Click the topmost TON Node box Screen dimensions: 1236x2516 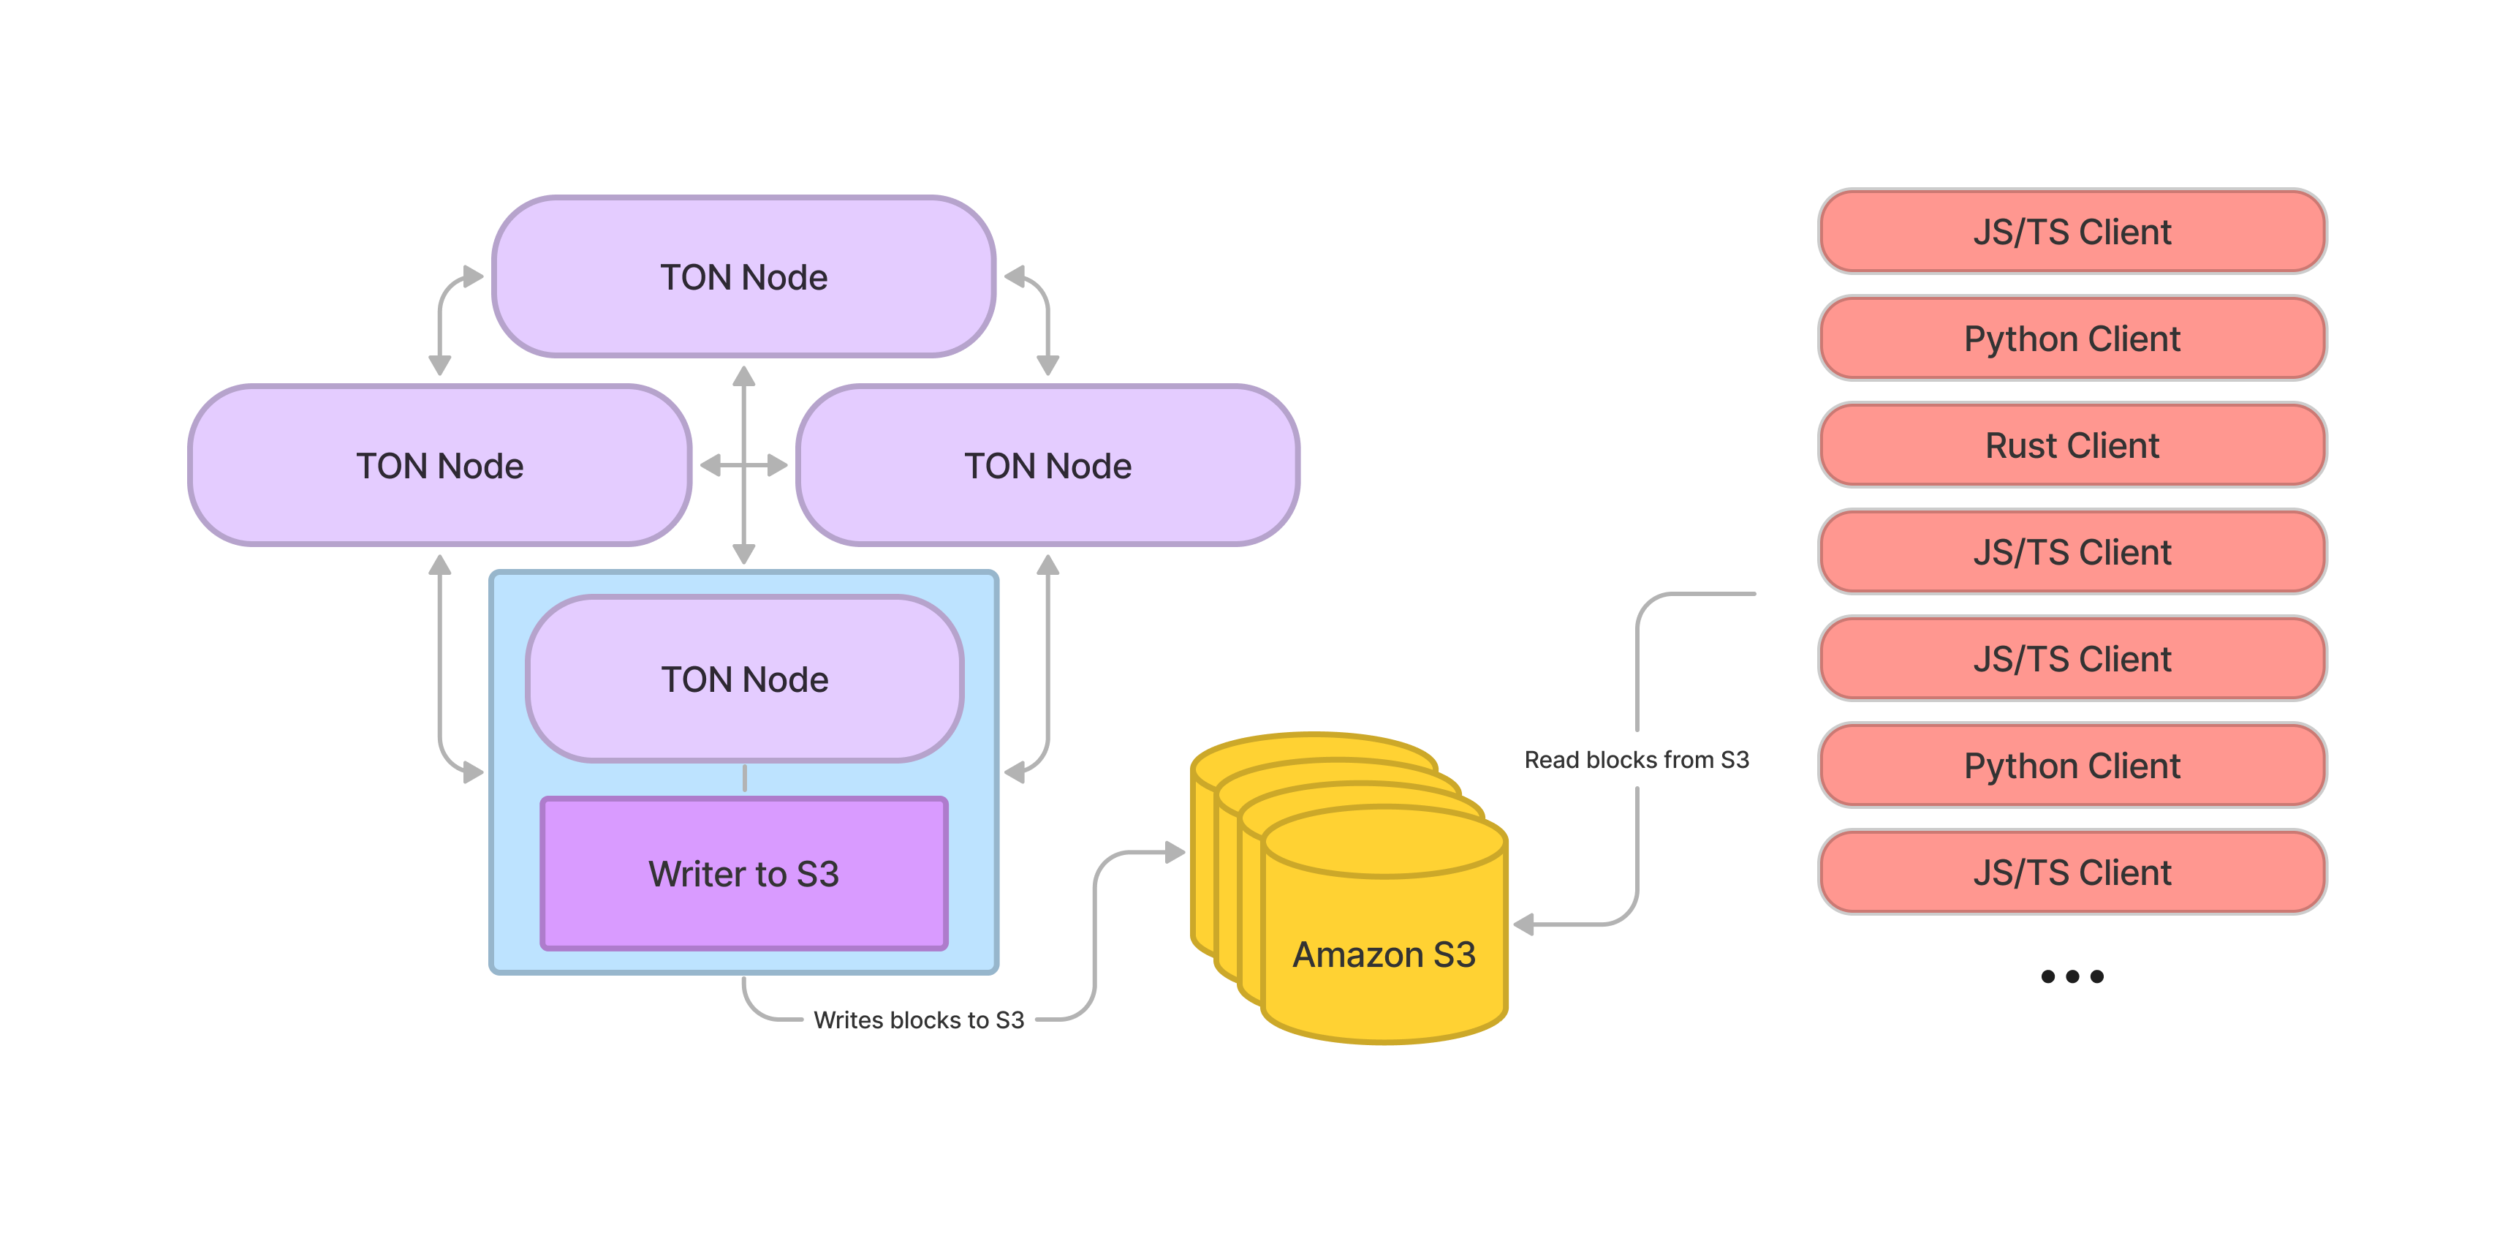pyautogui.click(x=743, y=276)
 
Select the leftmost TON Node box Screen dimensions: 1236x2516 pyautogui.click(x=439, y=465)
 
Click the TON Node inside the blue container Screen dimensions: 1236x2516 pyautogui.click(x=744, y=678)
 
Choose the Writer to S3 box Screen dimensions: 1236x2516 pyautogui.click(x=743, y=873)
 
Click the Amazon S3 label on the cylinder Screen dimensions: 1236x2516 pyautogui.click(x=1383, y=954)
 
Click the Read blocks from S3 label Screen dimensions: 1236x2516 pyautogui.click(x=1636, y=759)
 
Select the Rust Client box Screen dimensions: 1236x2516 pyautogui.click(x=2072, y=445)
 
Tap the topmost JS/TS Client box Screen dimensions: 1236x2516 pyautogui.click(x=2072, y=232)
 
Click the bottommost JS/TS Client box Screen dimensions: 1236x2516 pyautogui.click(x=2072, y=872)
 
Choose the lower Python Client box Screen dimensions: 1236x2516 pyautogui.click(x=2072, y=765)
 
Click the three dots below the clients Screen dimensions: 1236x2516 pyautogui.click(x=2072, y=976)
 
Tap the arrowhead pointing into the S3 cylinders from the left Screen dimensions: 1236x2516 pyautogui.click(x=1175, y=852)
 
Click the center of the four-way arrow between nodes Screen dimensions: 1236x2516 pyautogui.click(x=744, y=465)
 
